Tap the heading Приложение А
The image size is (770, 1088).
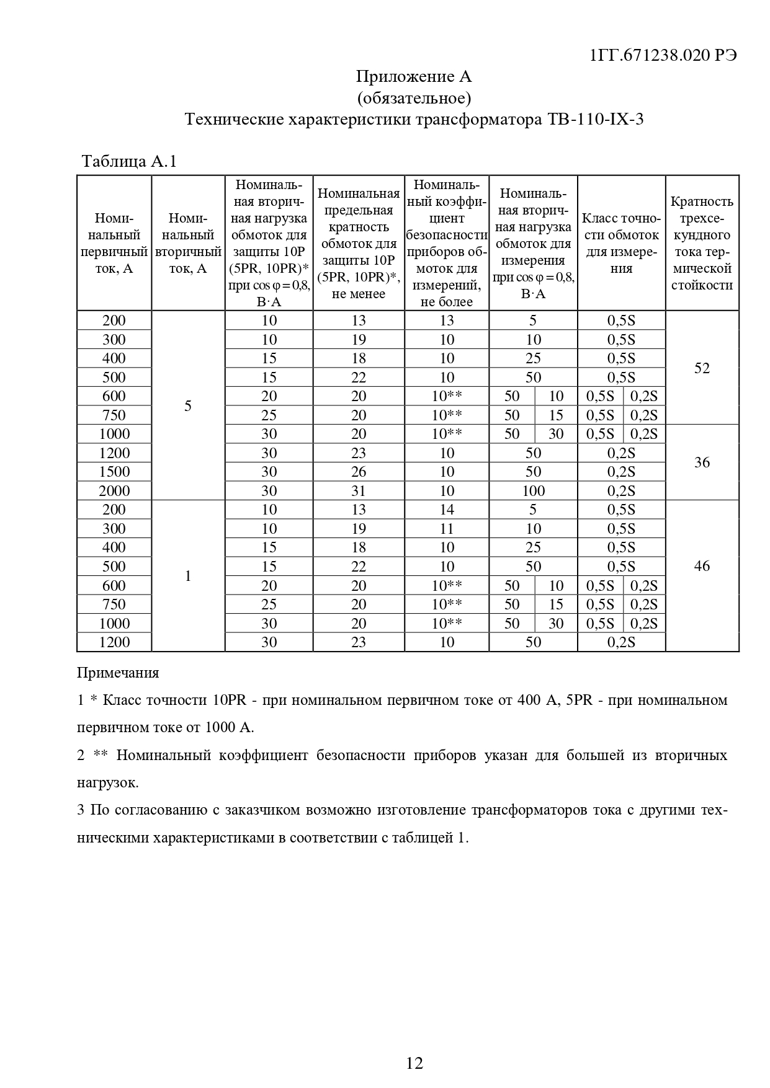point(414,77)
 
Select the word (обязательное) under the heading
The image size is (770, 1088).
point(414,98)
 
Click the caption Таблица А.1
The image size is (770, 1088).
point(130,162)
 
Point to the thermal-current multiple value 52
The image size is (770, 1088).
point(702,368)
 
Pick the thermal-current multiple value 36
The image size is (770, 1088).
point(702,462)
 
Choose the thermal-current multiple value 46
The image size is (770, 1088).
point(702,566)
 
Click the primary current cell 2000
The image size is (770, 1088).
point(114,491)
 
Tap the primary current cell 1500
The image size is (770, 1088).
point(114,472)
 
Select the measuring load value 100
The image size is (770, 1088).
point(533,491)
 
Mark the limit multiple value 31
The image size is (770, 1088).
point(359,491)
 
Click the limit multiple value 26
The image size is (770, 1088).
point(359,472)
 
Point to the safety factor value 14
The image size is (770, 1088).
point(447,510)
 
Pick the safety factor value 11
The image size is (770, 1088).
point(447,529)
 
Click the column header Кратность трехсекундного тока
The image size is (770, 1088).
point(702,243)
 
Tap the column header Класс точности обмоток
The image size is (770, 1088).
point(621,243)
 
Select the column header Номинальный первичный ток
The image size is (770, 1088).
point(114,243)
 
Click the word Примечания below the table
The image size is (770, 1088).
point(118,673)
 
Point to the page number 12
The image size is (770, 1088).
point(414,1064)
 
